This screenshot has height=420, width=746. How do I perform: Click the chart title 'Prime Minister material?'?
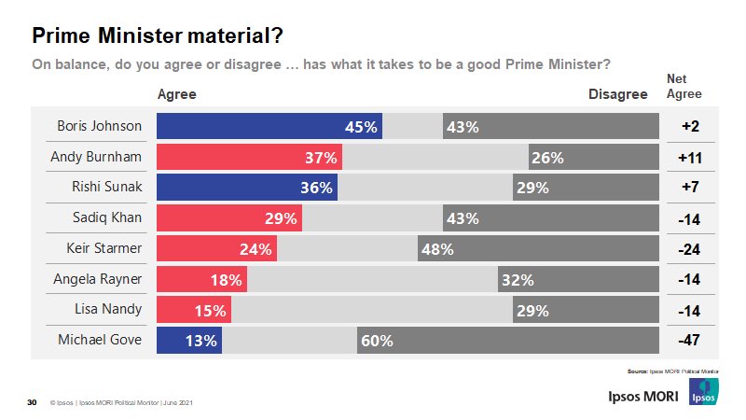click(158, 35)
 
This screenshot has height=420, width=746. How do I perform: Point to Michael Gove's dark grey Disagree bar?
click(507, 340)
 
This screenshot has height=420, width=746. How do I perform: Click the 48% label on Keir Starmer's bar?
click(436, 248)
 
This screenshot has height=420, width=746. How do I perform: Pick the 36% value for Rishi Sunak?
click(317, 188)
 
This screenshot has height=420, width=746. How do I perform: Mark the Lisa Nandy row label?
click(107, 309)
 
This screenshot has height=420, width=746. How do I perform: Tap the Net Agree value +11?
click(690, 157)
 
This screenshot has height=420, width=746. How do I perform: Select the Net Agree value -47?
click(690, 340)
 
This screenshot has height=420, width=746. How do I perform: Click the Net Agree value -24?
click(690, 248)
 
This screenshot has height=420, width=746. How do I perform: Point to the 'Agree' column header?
click(176, 94)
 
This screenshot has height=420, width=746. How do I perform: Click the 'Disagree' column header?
click(617, 94)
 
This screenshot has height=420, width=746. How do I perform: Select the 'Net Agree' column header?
click(684, 87)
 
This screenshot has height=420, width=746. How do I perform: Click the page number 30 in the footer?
click(32, 403)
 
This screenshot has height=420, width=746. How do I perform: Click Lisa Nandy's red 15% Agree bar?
click(193, 309)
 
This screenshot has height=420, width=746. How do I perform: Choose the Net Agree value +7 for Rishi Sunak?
click(690, 188)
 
